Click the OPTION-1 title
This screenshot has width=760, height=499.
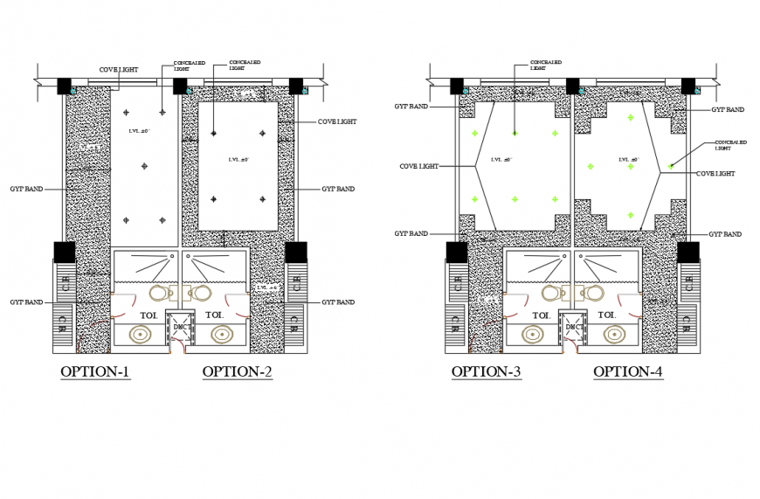[x=95, y=372]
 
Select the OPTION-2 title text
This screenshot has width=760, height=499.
[x=237, y=372]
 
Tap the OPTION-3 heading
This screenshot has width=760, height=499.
[x=487, y=372]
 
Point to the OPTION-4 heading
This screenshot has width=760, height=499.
[x=628, y=372]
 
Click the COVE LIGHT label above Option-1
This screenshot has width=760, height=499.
[x=118, y=70]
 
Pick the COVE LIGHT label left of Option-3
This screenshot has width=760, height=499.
[x=418, y=166]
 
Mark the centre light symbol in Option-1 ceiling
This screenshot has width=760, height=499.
[x=144, y=165]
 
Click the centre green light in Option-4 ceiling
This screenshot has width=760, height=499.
[x=630, y=166]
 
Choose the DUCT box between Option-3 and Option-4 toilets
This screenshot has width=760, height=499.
[x=574, y=326]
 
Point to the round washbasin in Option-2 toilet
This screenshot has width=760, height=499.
[x=222, y=334]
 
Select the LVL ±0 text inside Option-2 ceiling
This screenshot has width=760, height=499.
[x=238, y=160]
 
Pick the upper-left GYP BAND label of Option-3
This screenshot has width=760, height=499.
[x=411, y=107]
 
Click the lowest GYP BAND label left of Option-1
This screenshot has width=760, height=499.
[x=26, y=302]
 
